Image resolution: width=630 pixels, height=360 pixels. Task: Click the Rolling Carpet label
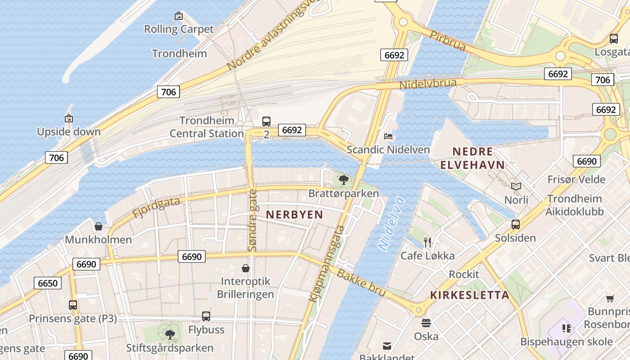click(179, 29)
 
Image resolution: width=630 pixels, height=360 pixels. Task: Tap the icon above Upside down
click(69, 119)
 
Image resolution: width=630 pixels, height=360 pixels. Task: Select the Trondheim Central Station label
click(207, 127)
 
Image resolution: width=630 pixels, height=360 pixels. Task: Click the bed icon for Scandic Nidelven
click(388, 136)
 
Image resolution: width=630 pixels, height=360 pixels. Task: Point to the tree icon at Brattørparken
click(344, 180)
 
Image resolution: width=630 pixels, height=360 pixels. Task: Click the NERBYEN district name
click(294, 215)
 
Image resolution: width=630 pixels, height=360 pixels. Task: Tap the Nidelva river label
click(391, 224)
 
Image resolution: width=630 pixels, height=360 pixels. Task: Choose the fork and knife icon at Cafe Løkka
click(427, 243)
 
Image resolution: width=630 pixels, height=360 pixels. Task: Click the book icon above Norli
click(516, 186)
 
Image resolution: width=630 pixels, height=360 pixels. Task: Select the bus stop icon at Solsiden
click(516, 224)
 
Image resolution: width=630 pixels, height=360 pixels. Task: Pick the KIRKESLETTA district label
click(470, 295)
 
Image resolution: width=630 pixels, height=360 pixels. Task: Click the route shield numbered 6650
click(48, 283)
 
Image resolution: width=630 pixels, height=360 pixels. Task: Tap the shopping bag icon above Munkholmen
click(99, 226)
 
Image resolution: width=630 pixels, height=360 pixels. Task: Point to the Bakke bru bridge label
click(361, 283)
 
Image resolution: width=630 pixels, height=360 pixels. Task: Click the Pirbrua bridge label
click(447, 40)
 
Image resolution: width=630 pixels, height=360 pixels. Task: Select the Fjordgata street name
click(156, 208)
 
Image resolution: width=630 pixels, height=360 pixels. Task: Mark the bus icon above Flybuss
click(206, 316)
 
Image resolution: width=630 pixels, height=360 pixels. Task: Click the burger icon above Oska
click(426, 323)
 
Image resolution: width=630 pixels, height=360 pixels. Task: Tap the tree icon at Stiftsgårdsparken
click(170, 334)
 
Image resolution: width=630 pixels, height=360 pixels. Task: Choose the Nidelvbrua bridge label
click(431, 84)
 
